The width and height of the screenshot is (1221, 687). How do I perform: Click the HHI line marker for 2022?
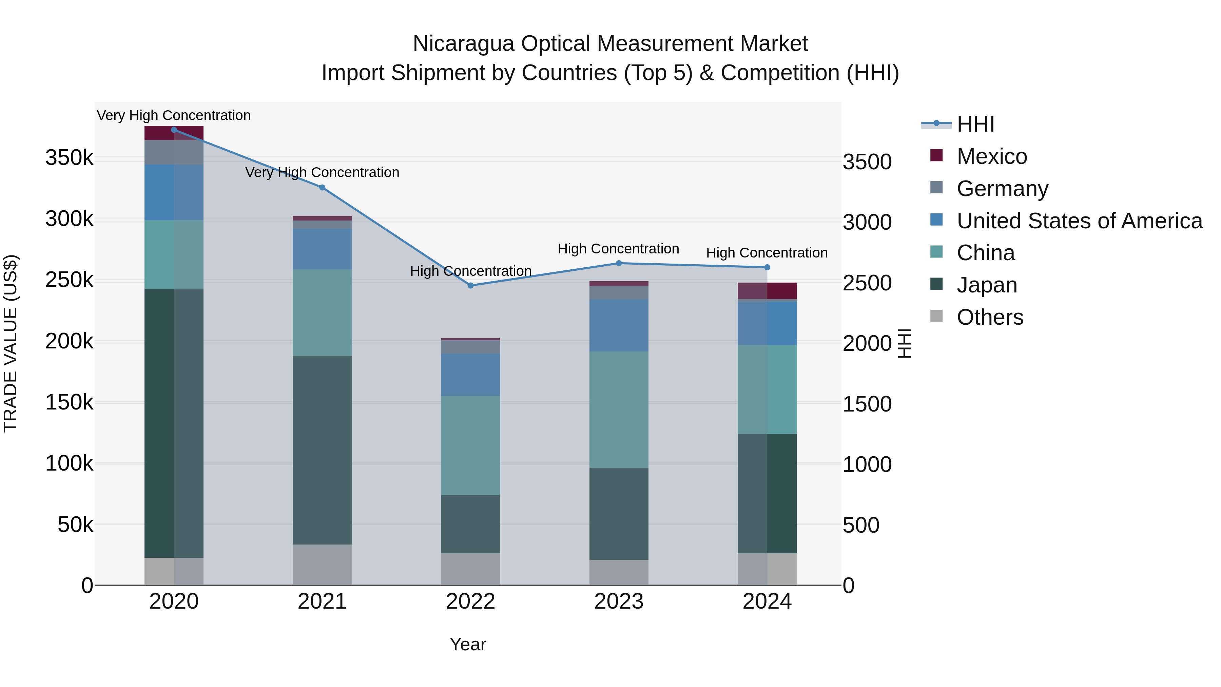tap(470, 285)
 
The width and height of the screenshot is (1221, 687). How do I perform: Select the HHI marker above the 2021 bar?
tap(322, 187)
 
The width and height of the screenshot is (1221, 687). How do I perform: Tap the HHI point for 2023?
tap(619, 263)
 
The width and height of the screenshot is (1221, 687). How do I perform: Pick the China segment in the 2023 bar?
tap(619, 409)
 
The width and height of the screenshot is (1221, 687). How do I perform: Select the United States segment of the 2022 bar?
tap(470, 375)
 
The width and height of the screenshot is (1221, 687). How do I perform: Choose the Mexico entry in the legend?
tap(992, 156)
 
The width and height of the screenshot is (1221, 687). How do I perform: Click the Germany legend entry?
tap(1002, 189)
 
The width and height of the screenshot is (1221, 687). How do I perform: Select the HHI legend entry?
tap(975, 124)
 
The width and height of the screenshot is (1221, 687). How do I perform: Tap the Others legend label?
tap(990, 317)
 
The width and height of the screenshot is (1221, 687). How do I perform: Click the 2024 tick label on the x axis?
tap(767, 602)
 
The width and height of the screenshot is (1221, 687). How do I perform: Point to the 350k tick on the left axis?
tap(69, 157)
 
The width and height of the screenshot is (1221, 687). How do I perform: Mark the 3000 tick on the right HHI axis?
tap(867, 222)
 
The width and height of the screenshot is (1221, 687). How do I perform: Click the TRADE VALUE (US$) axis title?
tap(11, 343)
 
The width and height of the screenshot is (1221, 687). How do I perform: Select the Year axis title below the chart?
tap(468, 644)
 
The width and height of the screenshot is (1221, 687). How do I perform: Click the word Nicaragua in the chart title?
tap(463, 44)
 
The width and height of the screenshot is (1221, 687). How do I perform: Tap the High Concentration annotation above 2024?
tap(767, 253)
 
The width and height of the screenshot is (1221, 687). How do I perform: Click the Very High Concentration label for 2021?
tap(322, 172)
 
